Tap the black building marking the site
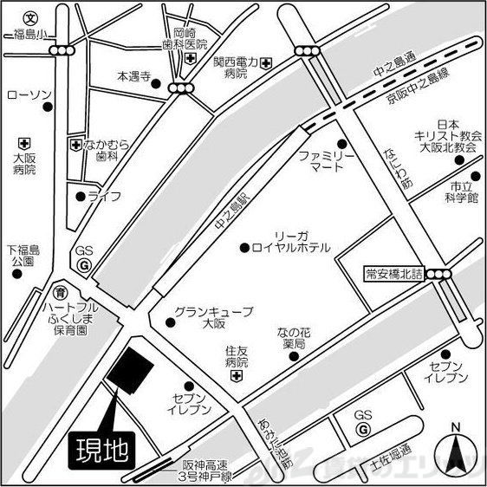[x=130, y=370]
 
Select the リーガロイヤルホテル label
[x=289, y=242]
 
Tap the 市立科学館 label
[x=458, y=192]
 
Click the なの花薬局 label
[x=290, y=338]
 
